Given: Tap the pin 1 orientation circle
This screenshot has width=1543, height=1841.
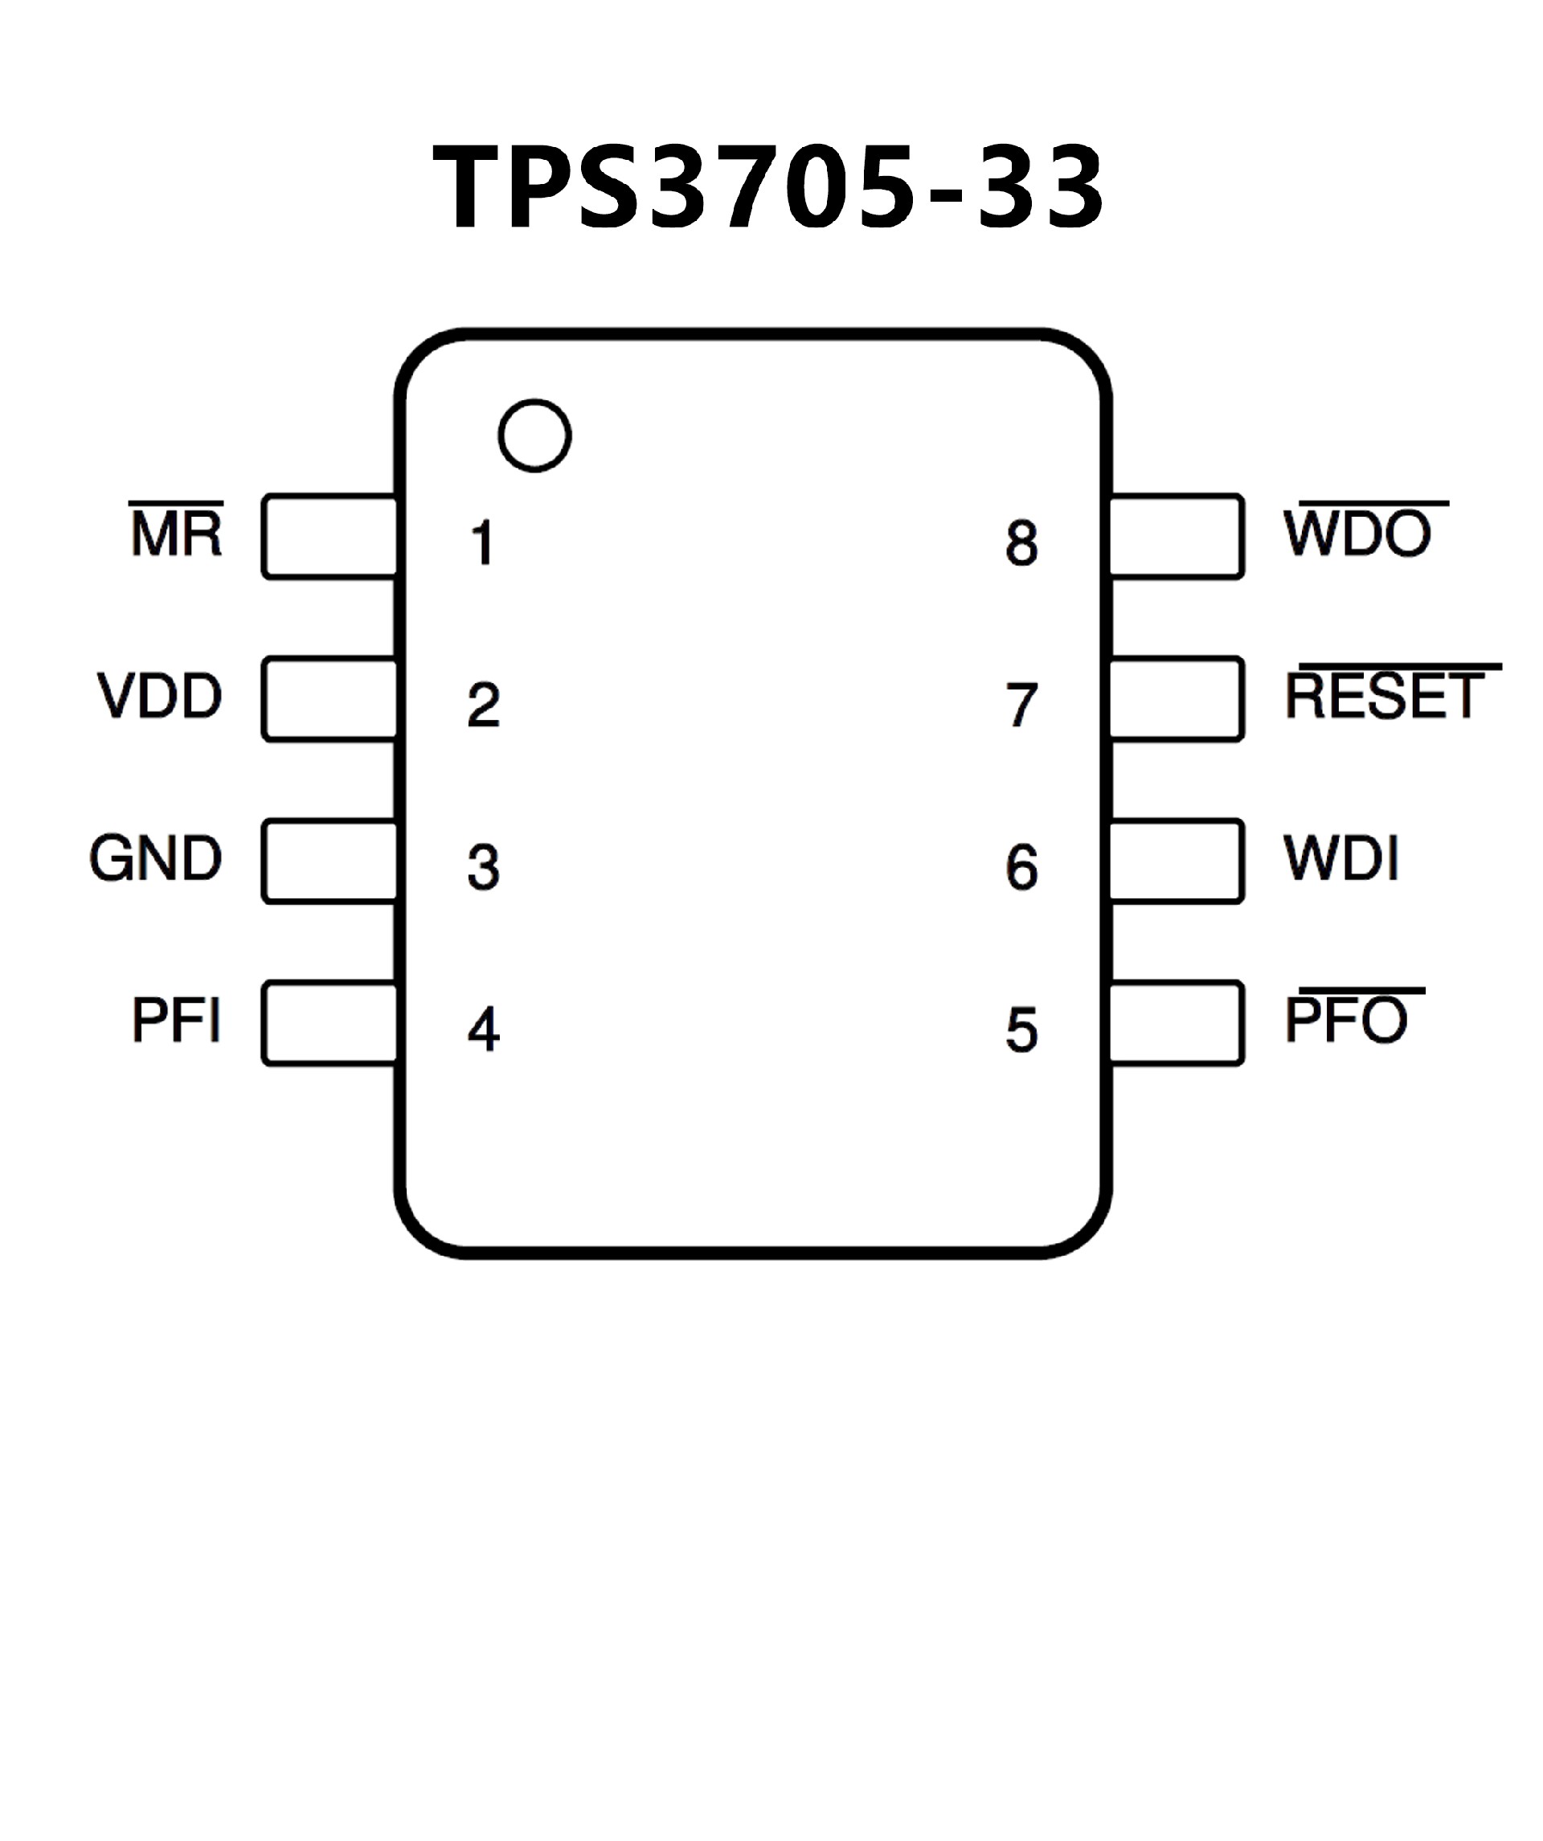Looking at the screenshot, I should (534, 436).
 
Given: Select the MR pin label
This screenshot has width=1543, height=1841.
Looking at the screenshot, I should (177, 532).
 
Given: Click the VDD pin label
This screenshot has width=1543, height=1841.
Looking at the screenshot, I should (160, 696).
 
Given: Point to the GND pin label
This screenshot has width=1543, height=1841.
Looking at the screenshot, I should (156, 858).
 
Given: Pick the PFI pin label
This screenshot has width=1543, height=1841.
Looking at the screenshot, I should (176, 1020).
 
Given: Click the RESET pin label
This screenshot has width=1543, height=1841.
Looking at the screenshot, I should (1385, 696).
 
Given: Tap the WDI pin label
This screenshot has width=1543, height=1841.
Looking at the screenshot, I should (1340, 858).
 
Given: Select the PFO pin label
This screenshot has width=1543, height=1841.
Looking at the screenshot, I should (1346, 1020).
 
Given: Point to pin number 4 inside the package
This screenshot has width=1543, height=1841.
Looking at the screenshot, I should (483, 1029).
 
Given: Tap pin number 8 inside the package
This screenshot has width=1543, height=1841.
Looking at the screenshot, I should (1021, 543).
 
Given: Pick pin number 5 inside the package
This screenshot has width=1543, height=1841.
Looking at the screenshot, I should (1021, 1029).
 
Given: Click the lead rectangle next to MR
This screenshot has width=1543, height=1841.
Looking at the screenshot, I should (329, 537).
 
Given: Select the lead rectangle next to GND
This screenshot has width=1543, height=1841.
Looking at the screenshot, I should (329, 861).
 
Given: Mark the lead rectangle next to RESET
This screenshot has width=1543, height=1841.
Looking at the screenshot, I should (1177, 698).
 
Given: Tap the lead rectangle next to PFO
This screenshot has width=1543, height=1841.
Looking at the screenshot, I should (1177, 1023).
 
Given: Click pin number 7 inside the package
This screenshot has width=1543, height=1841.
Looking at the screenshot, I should (1021, 706).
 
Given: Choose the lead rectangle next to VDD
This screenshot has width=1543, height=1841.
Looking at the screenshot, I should (329, 698).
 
